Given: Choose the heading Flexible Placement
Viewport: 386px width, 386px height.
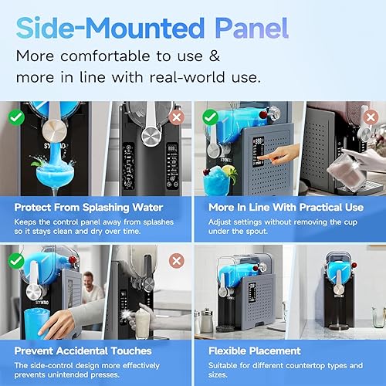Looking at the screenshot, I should [254, 351].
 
